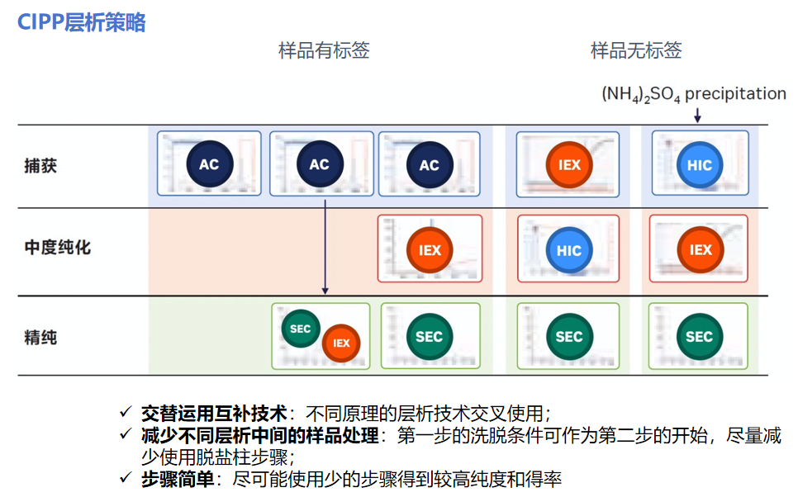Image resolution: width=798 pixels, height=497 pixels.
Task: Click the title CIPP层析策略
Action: [82, 22]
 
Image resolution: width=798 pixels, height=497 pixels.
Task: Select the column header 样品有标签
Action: [324, 50]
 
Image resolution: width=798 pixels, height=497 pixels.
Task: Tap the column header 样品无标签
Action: [636, 50]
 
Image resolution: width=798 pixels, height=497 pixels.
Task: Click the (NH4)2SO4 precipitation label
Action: [693, 94]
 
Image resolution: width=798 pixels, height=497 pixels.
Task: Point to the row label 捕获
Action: [40, 165]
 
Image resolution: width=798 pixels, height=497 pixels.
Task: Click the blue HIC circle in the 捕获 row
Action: [699, 165]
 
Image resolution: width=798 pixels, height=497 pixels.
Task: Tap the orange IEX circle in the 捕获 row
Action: [569, 164]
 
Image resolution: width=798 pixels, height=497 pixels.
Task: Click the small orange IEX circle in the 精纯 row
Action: [341, 343]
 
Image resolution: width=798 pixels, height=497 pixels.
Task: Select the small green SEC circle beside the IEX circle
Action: [301, 329]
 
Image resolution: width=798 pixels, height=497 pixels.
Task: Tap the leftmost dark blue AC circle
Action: [209, 164]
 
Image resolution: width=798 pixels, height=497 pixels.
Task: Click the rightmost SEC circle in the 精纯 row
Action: [699, 337]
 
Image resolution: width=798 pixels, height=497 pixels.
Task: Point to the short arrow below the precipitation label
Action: [697, 116]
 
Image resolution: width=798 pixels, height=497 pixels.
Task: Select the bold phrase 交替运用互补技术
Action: [213, 412]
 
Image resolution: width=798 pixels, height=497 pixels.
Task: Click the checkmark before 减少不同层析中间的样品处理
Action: [126, 434]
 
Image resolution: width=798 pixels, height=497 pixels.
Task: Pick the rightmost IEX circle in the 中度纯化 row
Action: [700, 250]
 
